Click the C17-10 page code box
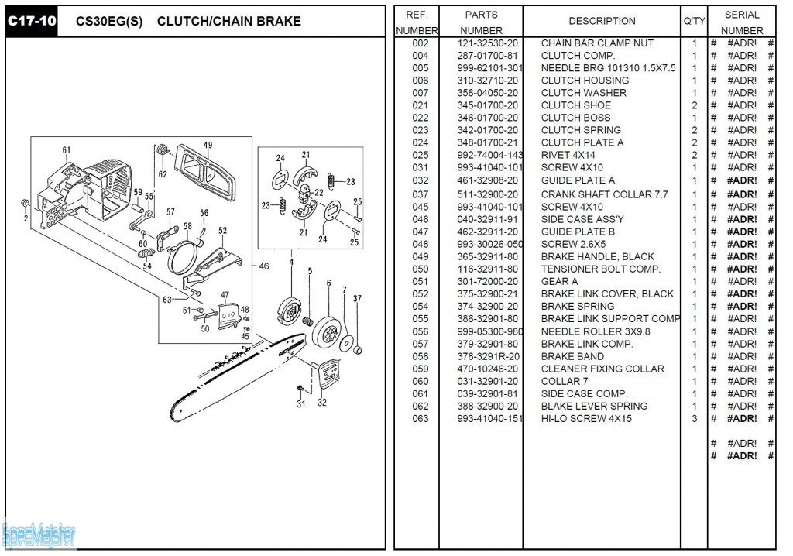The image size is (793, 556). pyautogui.click(x=32, y=22)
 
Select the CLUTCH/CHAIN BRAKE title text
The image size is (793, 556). pyautogui.click(x=228, y=22)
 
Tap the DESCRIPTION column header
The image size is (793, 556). pyautogui.click(x=602, y=21)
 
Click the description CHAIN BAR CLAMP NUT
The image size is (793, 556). pyautogui.click(x=597, y=43)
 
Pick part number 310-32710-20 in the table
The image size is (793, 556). pyautogui.click(x=488, y=81)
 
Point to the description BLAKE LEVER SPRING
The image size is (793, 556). pyautogui.click(x=594, y=406)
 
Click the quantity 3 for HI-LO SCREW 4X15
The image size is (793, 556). pyautogui.click(x=694, y=418)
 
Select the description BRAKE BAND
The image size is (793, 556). pyautogui.click(x=573, y=356)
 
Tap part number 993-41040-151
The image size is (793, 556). pyautogui.click(x=489, y=418)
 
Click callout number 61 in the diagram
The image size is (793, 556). pyautogui.click(x=67, y=150)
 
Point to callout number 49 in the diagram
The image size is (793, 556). pyautogui.click(x=208, y=145)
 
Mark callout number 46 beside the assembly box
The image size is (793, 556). pyautogui.click(x=264, y=266)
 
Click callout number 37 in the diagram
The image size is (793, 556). pyautogui.click(x=357, y=298)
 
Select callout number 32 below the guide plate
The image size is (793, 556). pyautogui.click(x=322, y=402)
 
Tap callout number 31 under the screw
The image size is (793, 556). pyautogui.click(x=301, y=403)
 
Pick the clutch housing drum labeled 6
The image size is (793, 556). pyautogui.click(x=329, y=334)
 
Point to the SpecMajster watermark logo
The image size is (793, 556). pyautogui.click(x=39, y=534)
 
